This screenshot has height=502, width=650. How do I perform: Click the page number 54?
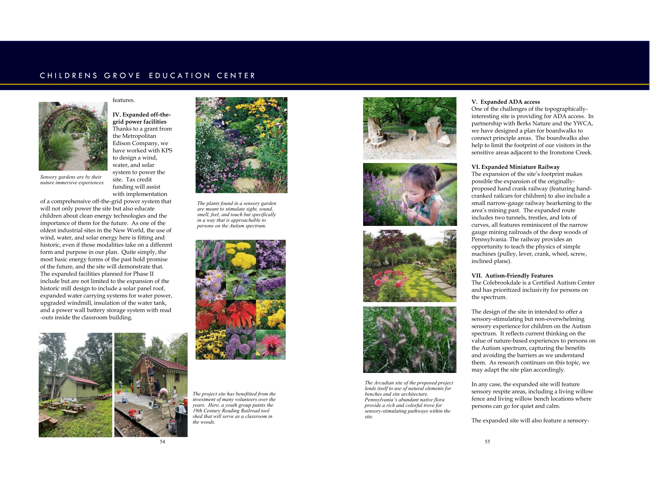point(162,442)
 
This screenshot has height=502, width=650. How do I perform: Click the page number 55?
point(487,442)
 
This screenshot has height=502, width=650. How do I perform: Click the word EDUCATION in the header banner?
point(179,76)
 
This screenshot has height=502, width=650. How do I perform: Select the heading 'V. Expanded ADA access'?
point(505,102)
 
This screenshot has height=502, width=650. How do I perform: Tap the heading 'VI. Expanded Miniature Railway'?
point(515,167)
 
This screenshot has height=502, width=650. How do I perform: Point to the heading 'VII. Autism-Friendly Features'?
point(512,276)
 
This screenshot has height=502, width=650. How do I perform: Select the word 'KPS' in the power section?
point(167,151)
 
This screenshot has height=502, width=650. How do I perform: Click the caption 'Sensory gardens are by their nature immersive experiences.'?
point(72,180)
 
